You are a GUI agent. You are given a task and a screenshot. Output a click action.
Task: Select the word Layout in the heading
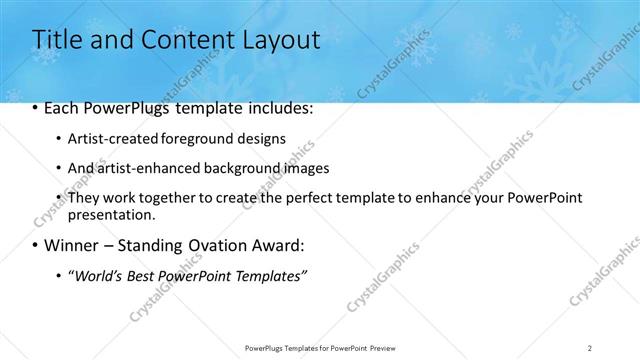279,41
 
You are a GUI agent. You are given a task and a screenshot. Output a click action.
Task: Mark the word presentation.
112,214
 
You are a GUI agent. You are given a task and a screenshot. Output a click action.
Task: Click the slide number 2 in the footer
590,347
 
